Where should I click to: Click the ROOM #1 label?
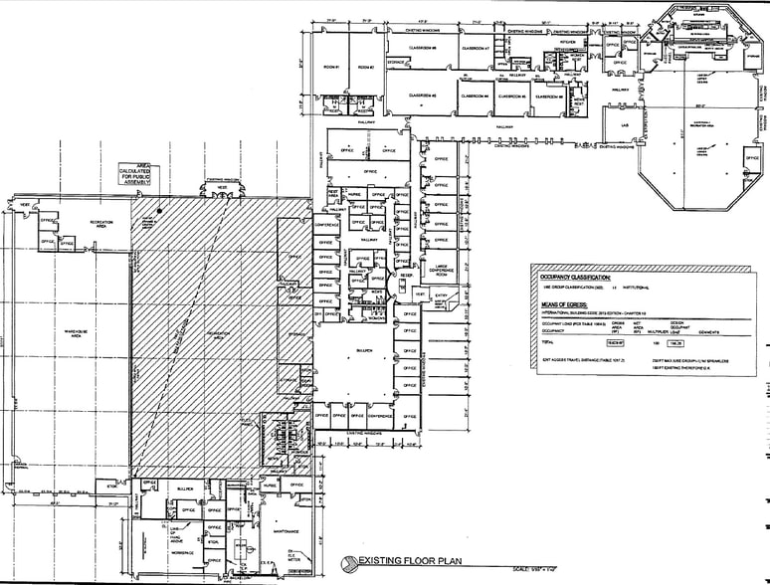click(330, 68)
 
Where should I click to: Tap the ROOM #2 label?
click(365, 68)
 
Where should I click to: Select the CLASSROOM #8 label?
click(422, 49)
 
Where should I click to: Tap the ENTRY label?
click(441, 295)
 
